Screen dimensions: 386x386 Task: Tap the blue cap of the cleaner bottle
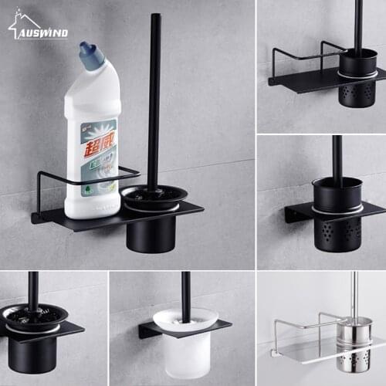pos(91,56)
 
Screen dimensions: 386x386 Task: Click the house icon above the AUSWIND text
pos(17,22)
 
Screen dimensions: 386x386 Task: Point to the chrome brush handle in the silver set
pos(354,293)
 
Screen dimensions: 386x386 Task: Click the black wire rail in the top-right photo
pos(297,56)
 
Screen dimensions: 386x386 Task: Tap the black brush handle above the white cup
pos(185,293)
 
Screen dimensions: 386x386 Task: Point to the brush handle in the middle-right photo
pos(337,158)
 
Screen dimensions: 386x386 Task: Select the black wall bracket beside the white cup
pos(146,330)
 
